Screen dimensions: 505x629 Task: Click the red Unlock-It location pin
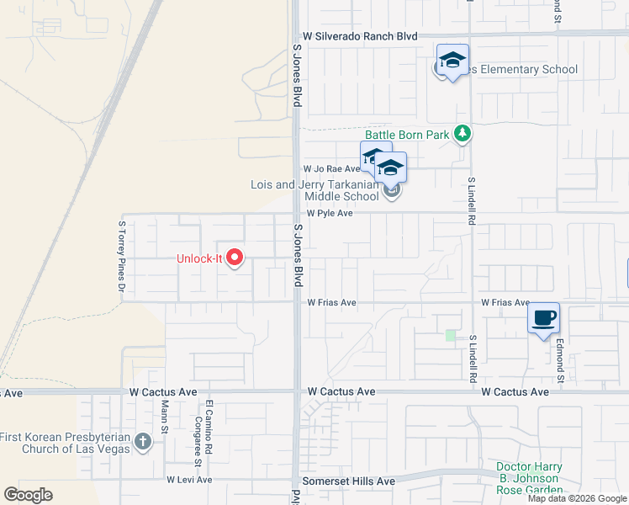pyautogui.click(x=235, y=258)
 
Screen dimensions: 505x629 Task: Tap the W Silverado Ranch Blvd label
pyautogui.click(x=361, y=37)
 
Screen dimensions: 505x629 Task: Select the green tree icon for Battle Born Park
pyautogui.click(x=462, y=134)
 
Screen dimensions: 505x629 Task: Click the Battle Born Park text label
pyautogui.click(x=408, y=135)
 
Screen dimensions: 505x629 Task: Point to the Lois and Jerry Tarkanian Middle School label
pyautogui.click(x=315, y=190)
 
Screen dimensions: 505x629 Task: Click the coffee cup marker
pyautogui.click(x=543, y=318)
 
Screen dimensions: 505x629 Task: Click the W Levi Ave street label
pyautogui.click(x=189, y=480)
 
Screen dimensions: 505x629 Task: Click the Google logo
pyautogui.click(x=28, y=495)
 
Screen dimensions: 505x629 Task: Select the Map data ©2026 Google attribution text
pyautogui.click(x=577, y=498)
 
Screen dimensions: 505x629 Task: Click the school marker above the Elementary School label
pyautogui.click(x=452, y=61)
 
